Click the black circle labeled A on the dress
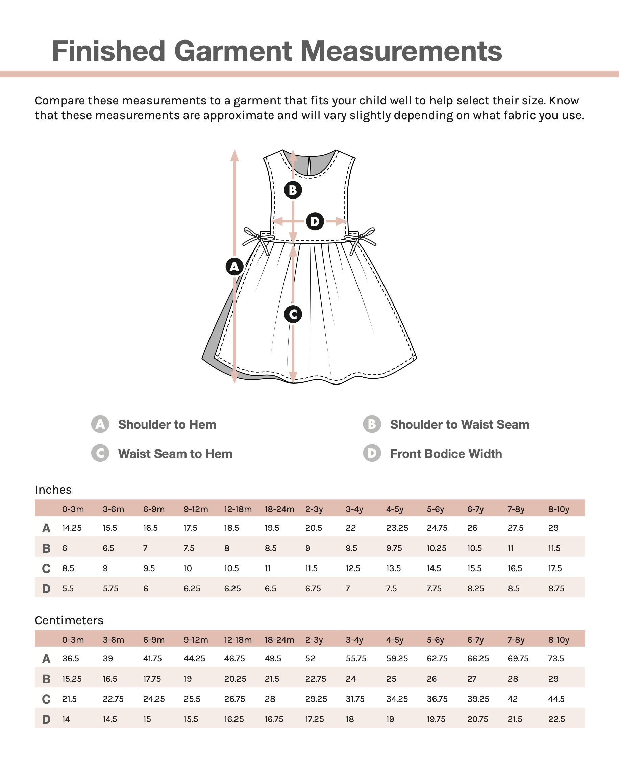[234, 266]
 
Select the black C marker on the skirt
[293, 314]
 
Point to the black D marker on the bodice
[315, 221]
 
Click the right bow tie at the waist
[361, 239]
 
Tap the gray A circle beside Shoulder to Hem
[100, 424]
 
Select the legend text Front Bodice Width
[446, 453]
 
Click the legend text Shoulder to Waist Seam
[459, 424]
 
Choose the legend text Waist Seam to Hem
[175, 453]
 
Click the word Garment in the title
[232, 51]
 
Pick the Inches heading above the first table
[53, 490]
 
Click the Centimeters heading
[69, 620]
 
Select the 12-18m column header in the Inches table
[238, 509]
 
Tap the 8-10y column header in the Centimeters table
[559, 640]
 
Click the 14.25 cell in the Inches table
[72, 528]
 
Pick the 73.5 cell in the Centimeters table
[555, 658]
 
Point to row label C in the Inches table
[46, 568]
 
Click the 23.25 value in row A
[397, 528]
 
